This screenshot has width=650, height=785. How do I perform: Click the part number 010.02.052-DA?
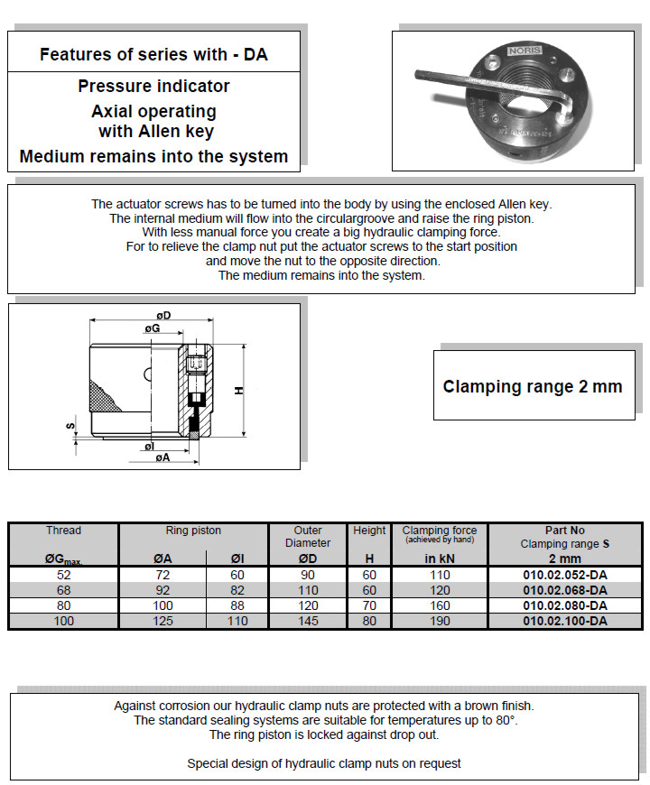point(564,574)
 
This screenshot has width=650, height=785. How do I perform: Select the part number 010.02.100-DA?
point(564,621)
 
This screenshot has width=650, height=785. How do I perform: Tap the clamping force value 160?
point(439,605)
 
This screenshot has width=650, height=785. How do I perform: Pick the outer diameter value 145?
point(308,621)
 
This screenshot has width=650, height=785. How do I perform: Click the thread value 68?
point(63,590)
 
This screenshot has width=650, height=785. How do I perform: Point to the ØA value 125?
point(162,621)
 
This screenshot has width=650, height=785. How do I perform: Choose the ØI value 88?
point(237,605)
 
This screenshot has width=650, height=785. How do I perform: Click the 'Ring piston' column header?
point(193,531)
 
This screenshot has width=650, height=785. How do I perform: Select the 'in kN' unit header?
point(439,559)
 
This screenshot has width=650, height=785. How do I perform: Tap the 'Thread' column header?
point(63,531)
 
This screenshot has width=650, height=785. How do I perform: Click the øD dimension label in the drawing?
point(163,314)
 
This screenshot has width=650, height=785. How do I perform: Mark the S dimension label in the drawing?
point(70,424)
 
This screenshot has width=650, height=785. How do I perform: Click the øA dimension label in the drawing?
point(162,458)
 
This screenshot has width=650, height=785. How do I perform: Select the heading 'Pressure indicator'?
point(153,87)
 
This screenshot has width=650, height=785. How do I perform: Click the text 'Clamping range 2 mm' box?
point(532,386)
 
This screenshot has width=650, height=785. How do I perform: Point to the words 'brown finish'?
point(496,706)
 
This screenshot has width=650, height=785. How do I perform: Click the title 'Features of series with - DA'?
point(153,54)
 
